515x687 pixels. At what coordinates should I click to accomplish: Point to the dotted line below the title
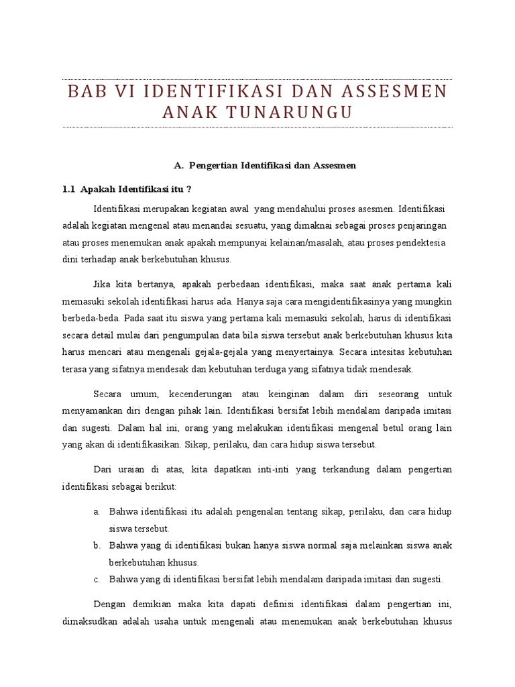257,127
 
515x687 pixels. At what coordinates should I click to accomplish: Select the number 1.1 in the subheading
68,189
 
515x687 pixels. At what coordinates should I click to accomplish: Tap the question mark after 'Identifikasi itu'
189,189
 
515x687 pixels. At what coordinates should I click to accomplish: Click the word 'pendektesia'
421,242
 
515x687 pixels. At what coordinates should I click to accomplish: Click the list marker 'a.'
97,511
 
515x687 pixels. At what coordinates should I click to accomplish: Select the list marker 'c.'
97,579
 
